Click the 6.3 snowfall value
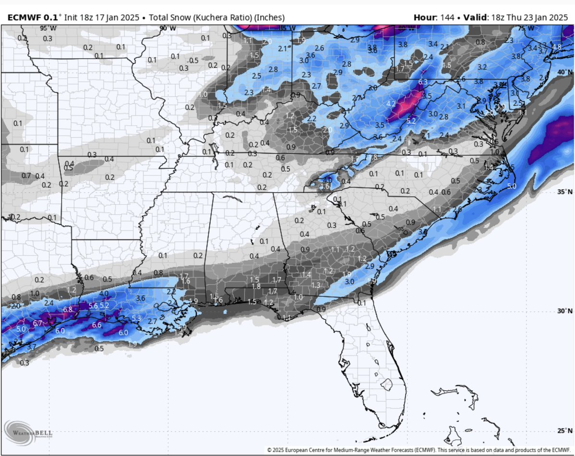point(423,82)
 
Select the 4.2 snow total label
point(391,104)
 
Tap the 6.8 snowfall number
point(68,310)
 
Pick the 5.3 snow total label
point(136,318)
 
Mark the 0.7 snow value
point(26,175)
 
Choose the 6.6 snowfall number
point(97,325)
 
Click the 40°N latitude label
point(565,72)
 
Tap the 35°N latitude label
point(565,192)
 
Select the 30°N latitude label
point(565,311)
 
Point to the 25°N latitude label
point(565,430)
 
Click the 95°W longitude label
point(48,28)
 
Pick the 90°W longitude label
point(164,28)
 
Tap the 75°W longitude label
point(521,28)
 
